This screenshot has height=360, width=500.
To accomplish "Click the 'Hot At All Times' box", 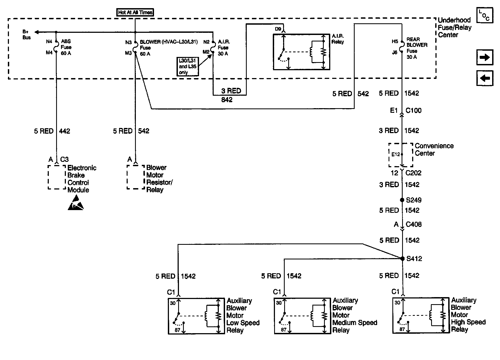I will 135,12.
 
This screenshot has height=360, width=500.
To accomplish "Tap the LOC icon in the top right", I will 484,15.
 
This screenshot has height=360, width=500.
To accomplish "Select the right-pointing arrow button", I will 485,57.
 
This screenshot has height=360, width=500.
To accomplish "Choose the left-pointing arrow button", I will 485,78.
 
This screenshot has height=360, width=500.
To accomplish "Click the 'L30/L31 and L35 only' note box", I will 187,66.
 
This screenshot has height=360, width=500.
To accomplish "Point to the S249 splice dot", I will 402,200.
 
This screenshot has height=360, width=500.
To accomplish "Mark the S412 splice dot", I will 402,259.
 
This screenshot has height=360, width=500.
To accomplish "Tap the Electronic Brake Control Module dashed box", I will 57,177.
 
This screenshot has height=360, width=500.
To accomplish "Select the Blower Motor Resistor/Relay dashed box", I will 136,177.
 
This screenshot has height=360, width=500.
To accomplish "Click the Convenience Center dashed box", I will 400,155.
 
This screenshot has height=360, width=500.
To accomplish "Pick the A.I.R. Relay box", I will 301,52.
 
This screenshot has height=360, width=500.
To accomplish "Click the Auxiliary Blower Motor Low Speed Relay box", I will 196,316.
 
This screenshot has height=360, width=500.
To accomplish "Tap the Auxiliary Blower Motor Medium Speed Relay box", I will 302,316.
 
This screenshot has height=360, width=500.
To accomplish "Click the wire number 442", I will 65,131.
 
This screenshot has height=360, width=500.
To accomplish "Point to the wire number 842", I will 227,100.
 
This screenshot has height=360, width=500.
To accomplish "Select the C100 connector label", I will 414,111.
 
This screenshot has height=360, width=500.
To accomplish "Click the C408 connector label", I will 414,224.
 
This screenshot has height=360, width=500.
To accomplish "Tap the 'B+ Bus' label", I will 27,35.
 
